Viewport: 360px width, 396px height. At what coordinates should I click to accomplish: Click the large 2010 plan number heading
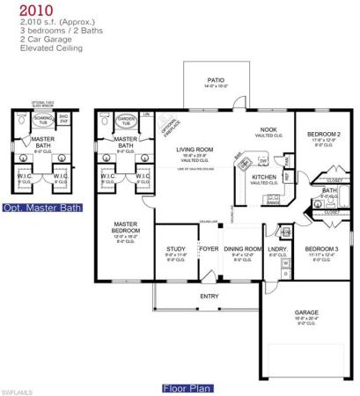point(24,10)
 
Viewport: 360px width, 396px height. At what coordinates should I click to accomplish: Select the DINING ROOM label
point(240,249)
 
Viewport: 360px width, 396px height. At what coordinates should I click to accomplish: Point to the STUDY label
point(176,249)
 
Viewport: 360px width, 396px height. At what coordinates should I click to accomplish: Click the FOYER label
point(209,249)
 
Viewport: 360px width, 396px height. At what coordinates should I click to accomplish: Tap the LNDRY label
point(276,249)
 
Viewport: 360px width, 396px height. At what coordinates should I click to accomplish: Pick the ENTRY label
point(209,296)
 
